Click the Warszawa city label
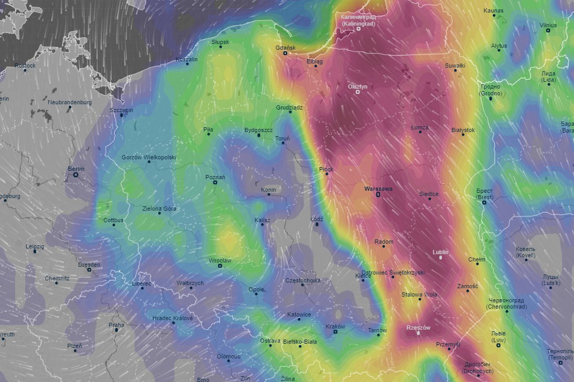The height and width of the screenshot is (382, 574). click(378, 188)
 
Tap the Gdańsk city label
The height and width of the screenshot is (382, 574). click(286, 48)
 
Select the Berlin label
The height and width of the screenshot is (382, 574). click(76, 169)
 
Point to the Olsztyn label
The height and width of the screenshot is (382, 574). click(358, 86)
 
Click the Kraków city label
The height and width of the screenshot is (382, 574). click(335, 326)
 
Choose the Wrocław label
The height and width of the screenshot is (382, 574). click(220, 260)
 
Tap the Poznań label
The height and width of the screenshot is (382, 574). click(215, 177)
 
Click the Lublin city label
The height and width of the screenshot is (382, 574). click(440, 252)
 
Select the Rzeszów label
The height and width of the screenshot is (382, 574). click(418, 328)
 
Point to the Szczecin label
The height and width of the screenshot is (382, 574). click(121, 110)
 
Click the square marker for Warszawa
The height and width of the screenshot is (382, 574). click(378, 195)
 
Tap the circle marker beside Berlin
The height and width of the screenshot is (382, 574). click(76, 175)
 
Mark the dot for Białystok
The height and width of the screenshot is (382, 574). click(463, 135)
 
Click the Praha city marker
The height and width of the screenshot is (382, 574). click(116, 330)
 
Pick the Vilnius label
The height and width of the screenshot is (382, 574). click(548, 25)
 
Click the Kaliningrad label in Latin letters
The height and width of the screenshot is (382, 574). click(359, 24)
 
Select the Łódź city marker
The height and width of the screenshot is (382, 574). click(317, 224)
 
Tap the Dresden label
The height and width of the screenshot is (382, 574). click(89, 265)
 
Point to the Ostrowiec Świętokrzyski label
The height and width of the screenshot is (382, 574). click(393, 272)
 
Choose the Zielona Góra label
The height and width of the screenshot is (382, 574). click(159, 208)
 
